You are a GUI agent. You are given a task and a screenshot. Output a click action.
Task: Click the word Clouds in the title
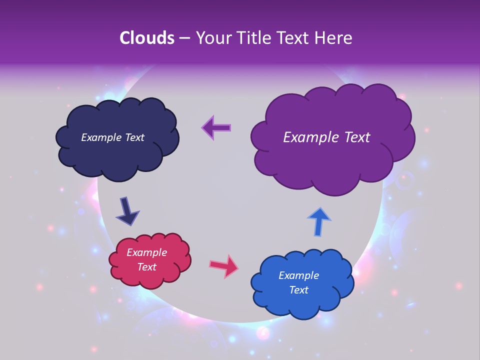(x=146, y=38)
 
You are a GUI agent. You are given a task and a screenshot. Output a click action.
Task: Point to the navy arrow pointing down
(x=127, y=210)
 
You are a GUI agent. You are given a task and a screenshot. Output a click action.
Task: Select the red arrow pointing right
(x=224, y=266)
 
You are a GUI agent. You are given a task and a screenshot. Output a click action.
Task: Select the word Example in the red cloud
(x=147, y=252)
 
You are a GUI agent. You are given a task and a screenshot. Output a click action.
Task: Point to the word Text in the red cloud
(x=147, y=267)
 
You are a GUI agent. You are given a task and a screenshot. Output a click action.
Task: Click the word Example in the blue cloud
(x=298, y=275)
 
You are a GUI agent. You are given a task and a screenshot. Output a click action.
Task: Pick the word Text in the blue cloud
(x=298, y=290)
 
